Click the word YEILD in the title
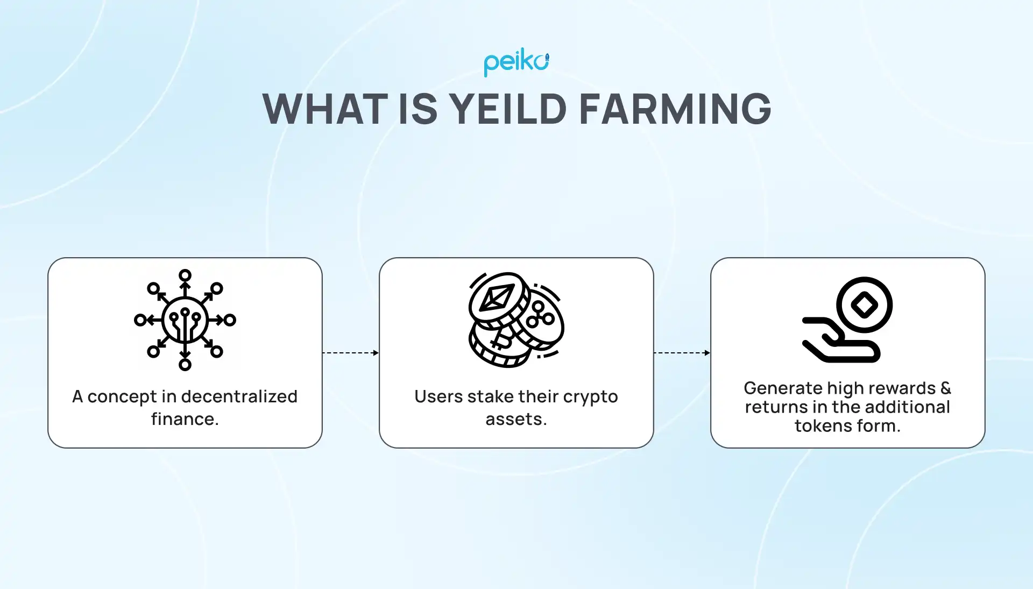coord(507,109)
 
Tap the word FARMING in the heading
coord(675,109)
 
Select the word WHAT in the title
coord(325,109)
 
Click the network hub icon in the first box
coord(185,320)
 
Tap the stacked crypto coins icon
coord(516,320)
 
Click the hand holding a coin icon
coord(847,320)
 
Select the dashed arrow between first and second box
coord(350,353)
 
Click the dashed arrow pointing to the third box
coord(682,353)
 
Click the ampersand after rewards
coord(946,388)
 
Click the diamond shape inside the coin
coord(865,305)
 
